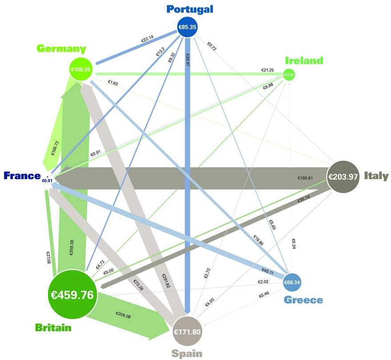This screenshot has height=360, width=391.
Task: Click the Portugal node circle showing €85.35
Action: (x=187, y=27)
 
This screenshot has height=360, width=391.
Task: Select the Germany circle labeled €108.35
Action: (x=80, y=70)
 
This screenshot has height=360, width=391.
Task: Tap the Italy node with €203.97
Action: (x=343, y=176)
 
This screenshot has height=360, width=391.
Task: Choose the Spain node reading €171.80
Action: (x=187, y=332)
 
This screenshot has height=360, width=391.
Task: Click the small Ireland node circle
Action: (x=289, y=75)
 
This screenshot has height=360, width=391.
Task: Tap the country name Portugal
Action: (x=190, y=9)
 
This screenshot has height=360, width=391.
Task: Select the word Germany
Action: (x=61, y=48)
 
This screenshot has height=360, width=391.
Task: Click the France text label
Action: (x=22, y=176)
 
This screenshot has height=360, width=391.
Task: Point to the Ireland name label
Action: (x=304, y=60)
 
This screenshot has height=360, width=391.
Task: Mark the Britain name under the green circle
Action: (x=53, y=328)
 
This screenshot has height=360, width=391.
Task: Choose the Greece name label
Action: (x=303, y=300)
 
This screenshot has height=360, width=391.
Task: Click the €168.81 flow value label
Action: (x=305, y=178)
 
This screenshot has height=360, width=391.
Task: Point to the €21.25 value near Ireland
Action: (x=267, y=70)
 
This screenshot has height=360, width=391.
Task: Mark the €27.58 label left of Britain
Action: (x=48, y=258)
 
